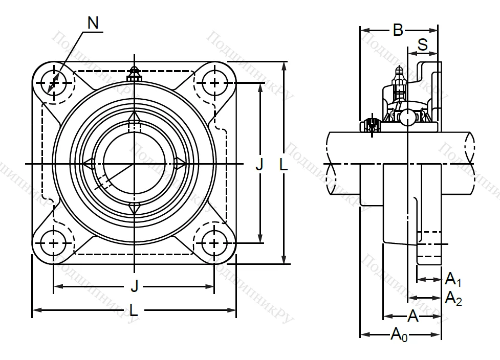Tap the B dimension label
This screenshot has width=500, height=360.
point(398,31)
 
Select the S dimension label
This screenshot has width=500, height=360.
point(423,45)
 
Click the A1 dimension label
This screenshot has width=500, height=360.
point(453,279)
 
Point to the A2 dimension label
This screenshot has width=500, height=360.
point(453,297)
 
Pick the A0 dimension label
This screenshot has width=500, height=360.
point(400,335)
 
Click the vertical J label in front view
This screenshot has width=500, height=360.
point(259,164)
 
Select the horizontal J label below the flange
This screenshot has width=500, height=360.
point(134,286)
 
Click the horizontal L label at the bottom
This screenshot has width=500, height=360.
point(134,310)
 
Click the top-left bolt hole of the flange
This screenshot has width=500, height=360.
point(54,82)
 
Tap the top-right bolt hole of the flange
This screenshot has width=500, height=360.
point(214,82)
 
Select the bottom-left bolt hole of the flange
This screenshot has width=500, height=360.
point(54,243)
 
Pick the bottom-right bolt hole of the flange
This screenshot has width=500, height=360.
point(214,243)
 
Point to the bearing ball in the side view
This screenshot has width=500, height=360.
point(407,117)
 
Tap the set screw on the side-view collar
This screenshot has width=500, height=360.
point(371,124)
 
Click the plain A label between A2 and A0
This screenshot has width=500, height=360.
point(413,317)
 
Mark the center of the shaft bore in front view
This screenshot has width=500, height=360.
point(134,164)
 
